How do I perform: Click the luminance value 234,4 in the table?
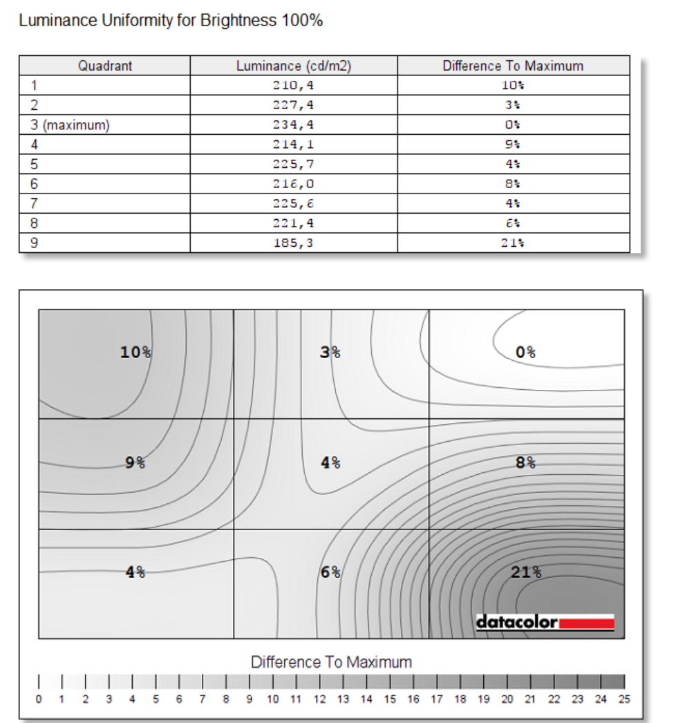click(294, 125)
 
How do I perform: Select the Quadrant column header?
click(104, 66)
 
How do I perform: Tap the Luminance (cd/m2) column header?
click(294, 66)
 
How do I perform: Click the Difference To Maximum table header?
click(513, 66)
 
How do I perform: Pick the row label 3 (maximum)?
click(70, 126)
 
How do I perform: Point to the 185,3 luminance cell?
click(294, 243)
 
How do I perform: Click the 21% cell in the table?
click(512, 243)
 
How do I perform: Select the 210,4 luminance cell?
click(294, 86)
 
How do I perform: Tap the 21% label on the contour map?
click(526, 572)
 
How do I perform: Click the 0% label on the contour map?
click(525, 352)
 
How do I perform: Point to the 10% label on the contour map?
click(135, 352)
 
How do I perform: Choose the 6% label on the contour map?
click(330, 572)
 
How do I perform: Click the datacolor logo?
click(545, 623)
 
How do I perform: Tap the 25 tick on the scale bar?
click(624, 699)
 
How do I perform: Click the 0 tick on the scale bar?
click(39, 699)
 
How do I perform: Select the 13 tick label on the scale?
click(343, 699)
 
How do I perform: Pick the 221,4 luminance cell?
click(294, 223)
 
